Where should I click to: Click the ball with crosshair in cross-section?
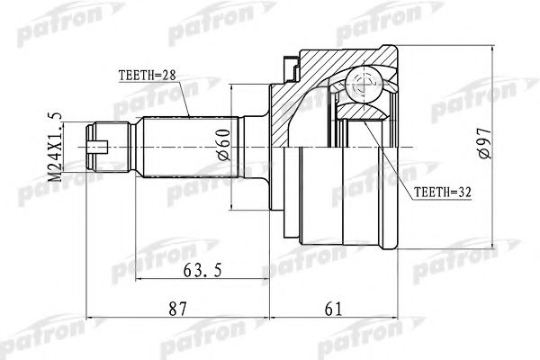click(366, 86)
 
